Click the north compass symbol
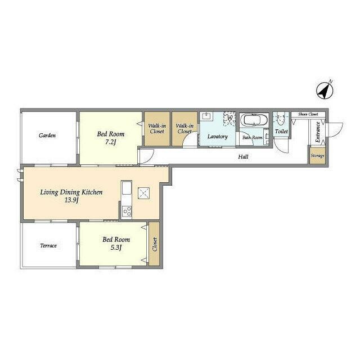[325, 90]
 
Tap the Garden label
[47, 135]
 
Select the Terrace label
[48, 245]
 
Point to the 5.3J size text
[116, 247]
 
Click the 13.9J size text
[71, 200]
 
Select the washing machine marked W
[229, 118]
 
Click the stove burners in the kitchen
[127, 211]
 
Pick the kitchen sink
[127, 188]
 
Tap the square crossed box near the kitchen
[144, 193]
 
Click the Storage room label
[317, 156]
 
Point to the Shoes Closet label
[308, 114]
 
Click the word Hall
[243, 156]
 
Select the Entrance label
[318, 132]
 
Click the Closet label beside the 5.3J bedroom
[155, 244]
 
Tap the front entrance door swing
[335, 130]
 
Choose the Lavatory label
[218, 136]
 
